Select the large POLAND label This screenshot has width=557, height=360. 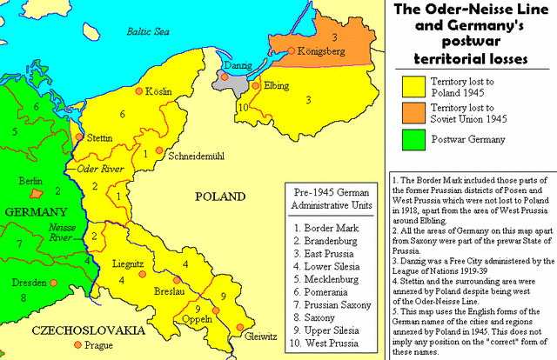pos(221,196)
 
